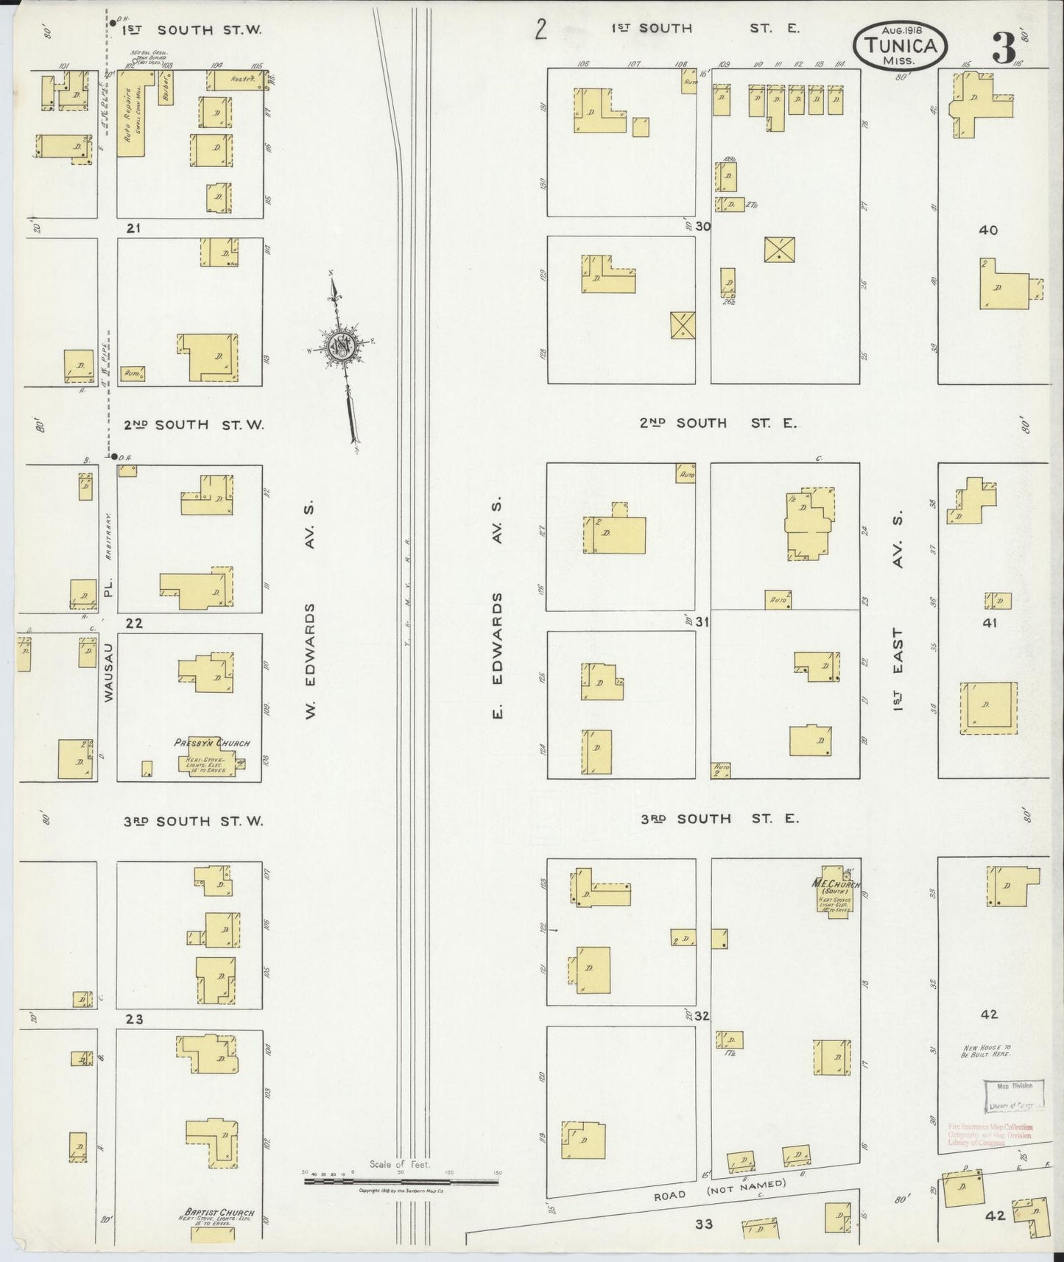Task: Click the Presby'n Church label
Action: click(x=212, y=743)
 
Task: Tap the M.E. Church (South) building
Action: click(x=833, y=888)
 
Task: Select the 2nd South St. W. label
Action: click(x=193, y=425)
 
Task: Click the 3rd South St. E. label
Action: click(x=718, y=819)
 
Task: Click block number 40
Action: click(x=988, y=230)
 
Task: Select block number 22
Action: click(x=134, y=624)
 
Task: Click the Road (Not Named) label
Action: click(x=719, y=1191)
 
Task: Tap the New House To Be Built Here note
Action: click(x=986, y=1050)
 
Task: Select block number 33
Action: click(x=703, y=1224)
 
